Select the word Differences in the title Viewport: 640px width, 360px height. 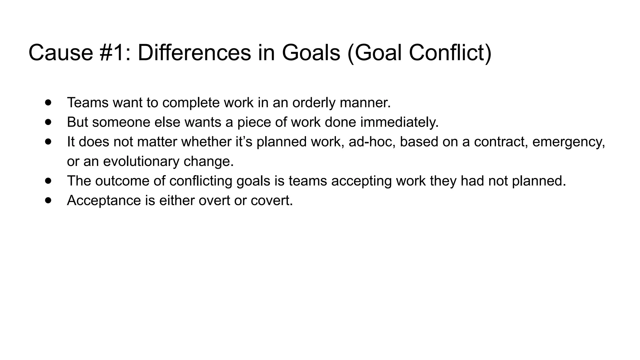click(194, 52)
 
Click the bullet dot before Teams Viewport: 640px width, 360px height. click(48, 102)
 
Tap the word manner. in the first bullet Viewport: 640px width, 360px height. click(365, 103)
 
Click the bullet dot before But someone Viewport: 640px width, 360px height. click(48, 122)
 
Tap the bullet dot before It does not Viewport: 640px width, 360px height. click(48, 142)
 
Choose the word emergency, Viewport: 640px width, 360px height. click(568, 142)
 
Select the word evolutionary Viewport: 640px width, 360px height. click(141, 162)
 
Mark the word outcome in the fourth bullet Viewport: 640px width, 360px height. click(124, 181)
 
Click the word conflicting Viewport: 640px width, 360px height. click(201, 181)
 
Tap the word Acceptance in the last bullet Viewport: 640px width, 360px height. click(104, 200)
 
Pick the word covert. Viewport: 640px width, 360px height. click(272, 200)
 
